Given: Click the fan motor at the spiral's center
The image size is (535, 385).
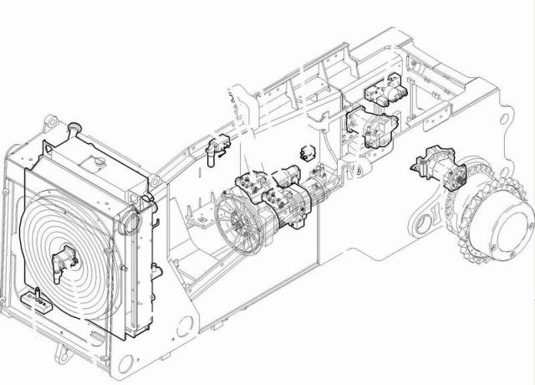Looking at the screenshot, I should pyautogui.click(x=63, y=259).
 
